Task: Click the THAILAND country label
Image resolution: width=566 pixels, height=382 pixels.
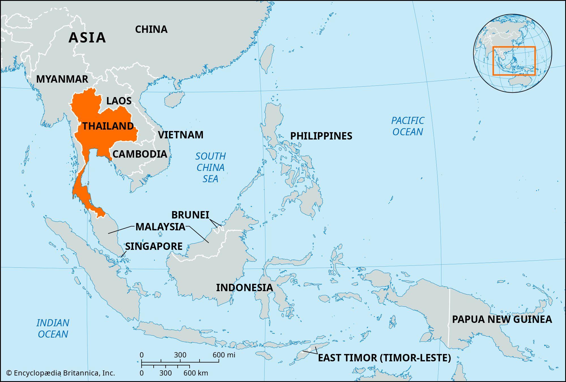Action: [108, 126]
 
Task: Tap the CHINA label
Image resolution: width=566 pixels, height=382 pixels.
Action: [151, 29]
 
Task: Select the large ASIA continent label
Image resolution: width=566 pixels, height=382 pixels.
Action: [87, 38]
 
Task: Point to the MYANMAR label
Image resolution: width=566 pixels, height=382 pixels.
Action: [62, 79]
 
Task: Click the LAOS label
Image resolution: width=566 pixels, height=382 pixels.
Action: [119, 101]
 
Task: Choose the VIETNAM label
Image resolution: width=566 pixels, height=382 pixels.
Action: [181, 135]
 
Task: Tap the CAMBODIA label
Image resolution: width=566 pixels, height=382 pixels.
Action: [140, 154]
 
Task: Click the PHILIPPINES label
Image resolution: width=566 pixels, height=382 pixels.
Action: [321, 136]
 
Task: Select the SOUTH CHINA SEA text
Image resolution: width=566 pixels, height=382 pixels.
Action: [211, 168]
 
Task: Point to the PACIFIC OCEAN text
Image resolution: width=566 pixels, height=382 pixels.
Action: [408, 126]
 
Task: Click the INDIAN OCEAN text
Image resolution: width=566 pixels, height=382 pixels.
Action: [53, 329]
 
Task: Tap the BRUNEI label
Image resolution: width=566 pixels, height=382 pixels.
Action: [190, 215]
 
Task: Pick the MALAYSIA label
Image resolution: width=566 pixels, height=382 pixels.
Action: [160, 227]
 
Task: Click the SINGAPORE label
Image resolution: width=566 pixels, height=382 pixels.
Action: [154, 246]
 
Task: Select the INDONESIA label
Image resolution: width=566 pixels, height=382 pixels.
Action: [245, 288]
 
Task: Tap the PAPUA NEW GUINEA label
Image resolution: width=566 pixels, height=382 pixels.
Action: [502, 319]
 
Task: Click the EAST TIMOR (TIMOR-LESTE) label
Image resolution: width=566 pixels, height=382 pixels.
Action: [384, 358]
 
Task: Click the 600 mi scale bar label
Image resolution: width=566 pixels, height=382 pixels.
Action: [224, 355]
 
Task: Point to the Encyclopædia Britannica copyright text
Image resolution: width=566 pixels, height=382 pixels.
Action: [61, 373]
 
